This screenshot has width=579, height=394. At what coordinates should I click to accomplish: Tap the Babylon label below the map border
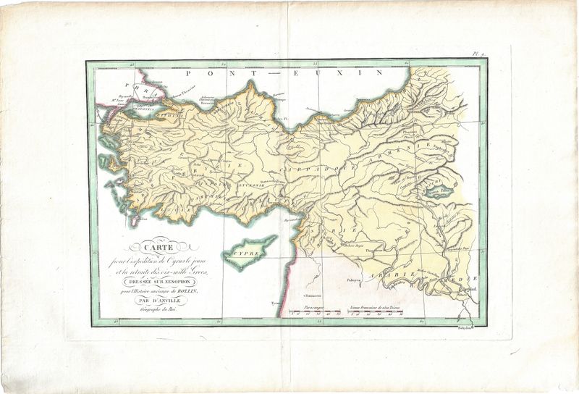467,327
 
